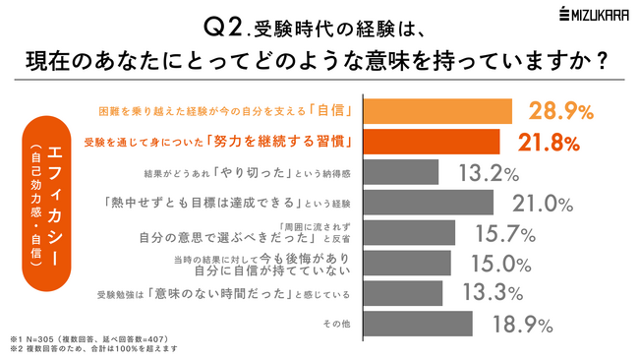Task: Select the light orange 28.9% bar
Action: pos(437,110)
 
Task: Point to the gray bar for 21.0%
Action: pos(429,203)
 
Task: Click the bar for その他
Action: pos(418,324)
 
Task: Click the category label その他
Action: pos(338,324)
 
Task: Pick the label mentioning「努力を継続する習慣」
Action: pos(228,142)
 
